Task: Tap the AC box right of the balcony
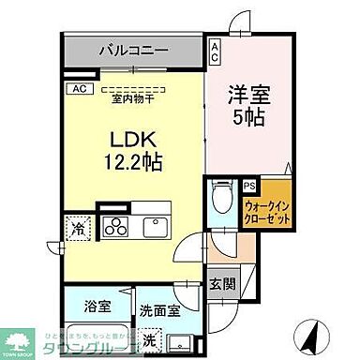coord(215,51)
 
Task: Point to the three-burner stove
coord(116,226)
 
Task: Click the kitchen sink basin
coord(151,227)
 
